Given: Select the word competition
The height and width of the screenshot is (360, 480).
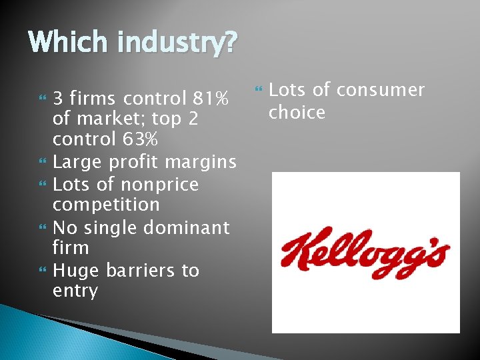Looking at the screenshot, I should (106, 205).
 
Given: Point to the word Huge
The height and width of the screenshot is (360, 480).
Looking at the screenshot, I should (75, 271).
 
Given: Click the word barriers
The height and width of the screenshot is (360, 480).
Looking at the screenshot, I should (137, 270).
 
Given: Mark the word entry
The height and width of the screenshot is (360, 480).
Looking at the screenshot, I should (75, 292).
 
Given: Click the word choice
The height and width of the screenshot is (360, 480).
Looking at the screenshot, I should (297, 113).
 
